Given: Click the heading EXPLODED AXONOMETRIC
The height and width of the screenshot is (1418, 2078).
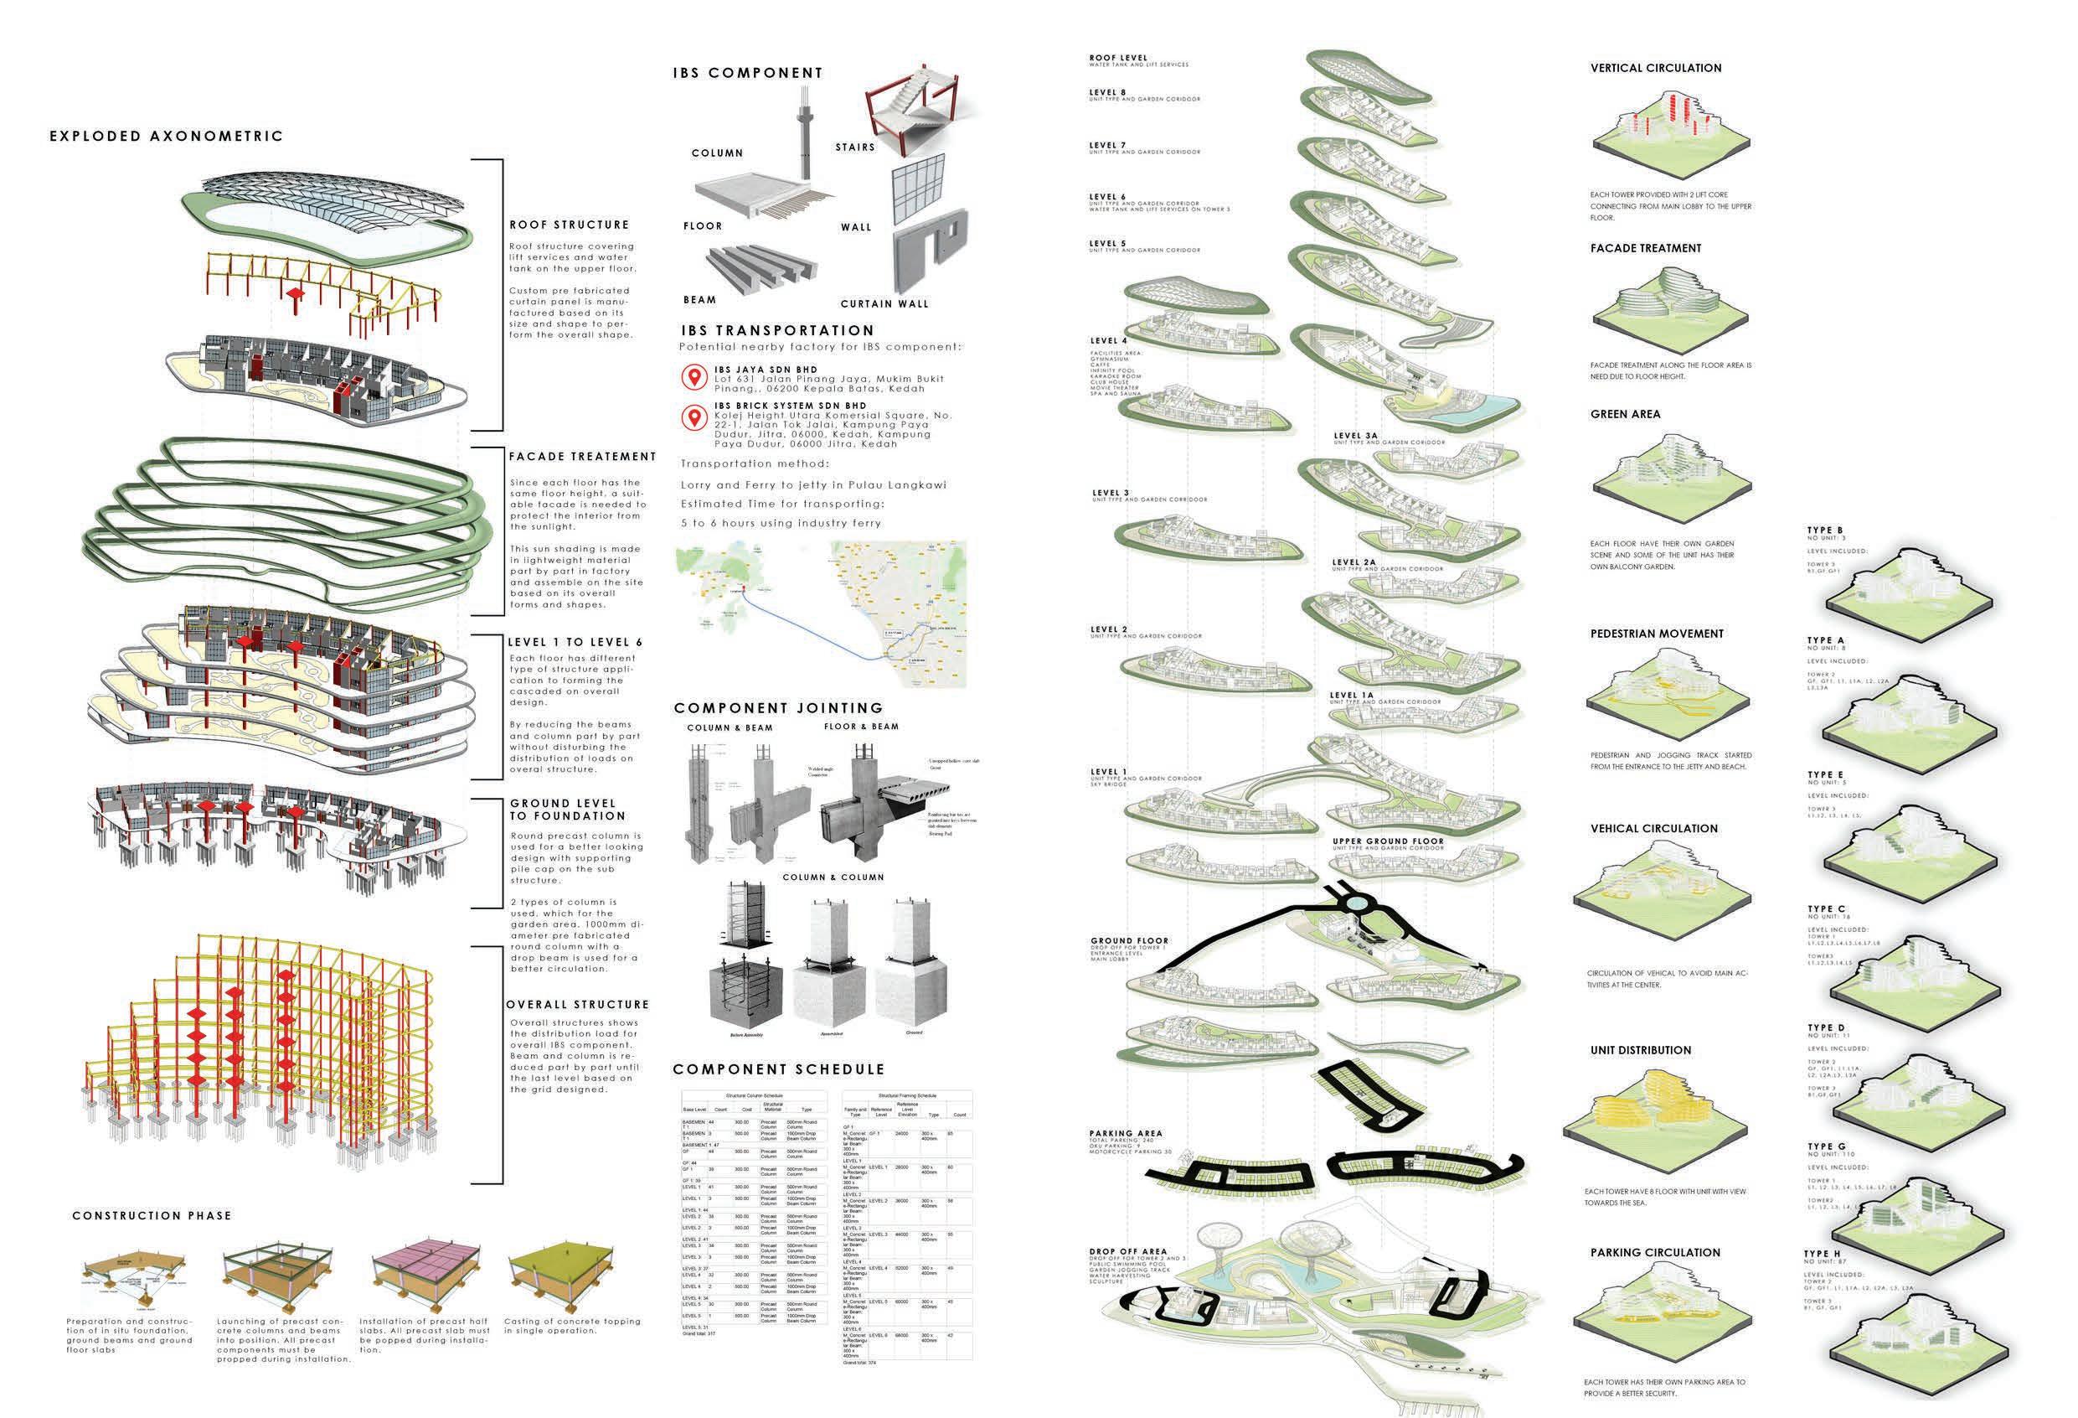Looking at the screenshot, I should click(x=167, y=137).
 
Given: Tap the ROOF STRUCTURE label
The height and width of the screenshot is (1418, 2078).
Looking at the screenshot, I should click(x=569, y=225).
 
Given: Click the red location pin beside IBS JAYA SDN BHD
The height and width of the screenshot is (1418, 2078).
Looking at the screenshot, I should click(x=694, y=377).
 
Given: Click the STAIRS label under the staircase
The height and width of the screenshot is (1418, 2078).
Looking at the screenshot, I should click(x=855, y=147).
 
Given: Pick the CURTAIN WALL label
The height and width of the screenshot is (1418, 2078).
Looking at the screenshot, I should click(x=884, y=304).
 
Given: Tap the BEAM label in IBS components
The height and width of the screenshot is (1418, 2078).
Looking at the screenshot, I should click(x=700, y=300).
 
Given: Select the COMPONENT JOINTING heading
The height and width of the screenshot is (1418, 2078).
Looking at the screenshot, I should click(x=778, y=707).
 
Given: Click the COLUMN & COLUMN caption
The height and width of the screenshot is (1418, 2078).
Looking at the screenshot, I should click(x=833, y=877).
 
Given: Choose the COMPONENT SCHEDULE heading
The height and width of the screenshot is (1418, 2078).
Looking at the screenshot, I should click(x=778, y=1069).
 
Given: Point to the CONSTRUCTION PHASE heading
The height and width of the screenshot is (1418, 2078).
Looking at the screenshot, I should click(x=152, y=1216).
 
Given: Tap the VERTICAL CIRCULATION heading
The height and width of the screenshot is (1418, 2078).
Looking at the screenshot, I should click(x=1655, y=68).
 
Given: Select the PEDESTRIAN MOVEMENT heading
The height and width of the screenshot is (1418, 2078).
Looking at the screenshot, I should click(x=1656, y=634).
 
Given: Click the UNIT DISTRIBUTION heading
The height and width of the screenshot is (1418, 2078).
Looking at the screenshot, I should click(x=1641, y=1050).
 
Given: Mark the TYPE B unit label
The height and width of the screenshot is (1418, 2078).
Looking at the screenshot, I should click(x=1825, y=530).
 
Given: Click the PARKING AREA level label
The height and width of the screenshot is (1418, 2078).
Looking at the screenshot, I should click(x=1125, y=1134).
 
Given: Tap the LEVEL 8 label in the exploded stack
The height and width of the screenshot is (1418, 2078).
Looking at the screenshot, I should click(x=1107, y=92).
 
